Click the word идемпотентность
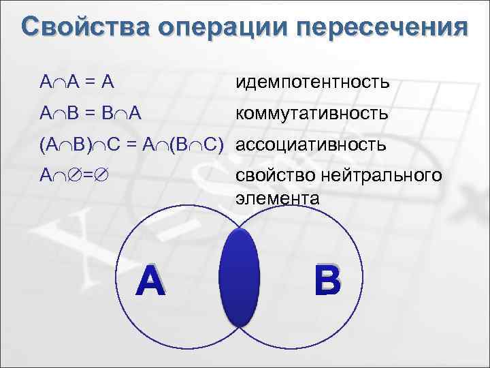click(312, 82)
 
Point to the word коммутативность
click(312, 113)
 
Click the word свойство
click(268, 176)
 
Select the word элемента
click(277, 198)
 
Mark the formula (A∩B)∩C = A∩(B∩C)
click(131, 144)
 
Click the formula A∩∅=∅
click(72, 176)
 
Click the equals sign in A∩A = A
click(88, 83)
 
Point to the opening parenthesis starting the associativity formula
click(42, 144)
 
